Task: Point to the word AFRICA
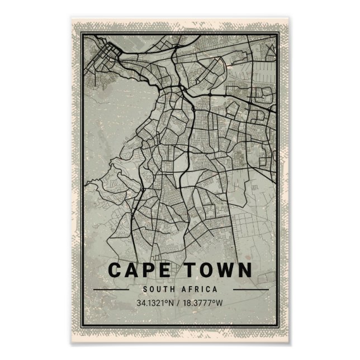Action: (x=200, y=290)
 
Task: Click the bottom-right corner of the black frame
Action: (x=278, y=324)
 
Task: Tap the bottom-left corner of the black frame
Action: (x=82, y=324)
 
